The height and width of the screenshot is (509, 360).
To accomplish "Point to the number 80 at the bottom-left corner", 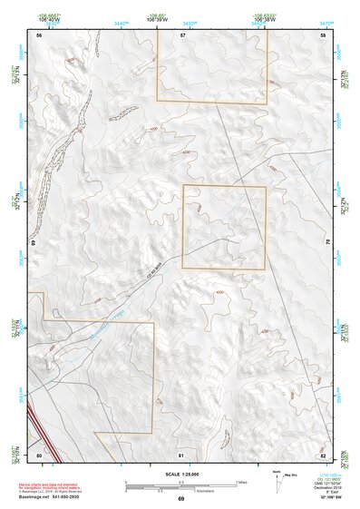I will pos(39,454).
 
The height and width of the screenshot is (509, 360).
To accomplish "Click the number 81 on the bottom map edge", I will pos(181,454).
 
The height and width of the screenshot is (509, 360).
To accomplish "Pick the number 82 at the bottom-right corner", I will pos(323,454).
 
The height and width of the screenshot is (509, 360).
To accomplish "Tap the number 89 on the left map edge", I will pos(33,244).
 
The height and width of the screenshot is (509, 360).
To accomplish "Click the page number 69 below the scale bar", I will pos(181,498).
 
